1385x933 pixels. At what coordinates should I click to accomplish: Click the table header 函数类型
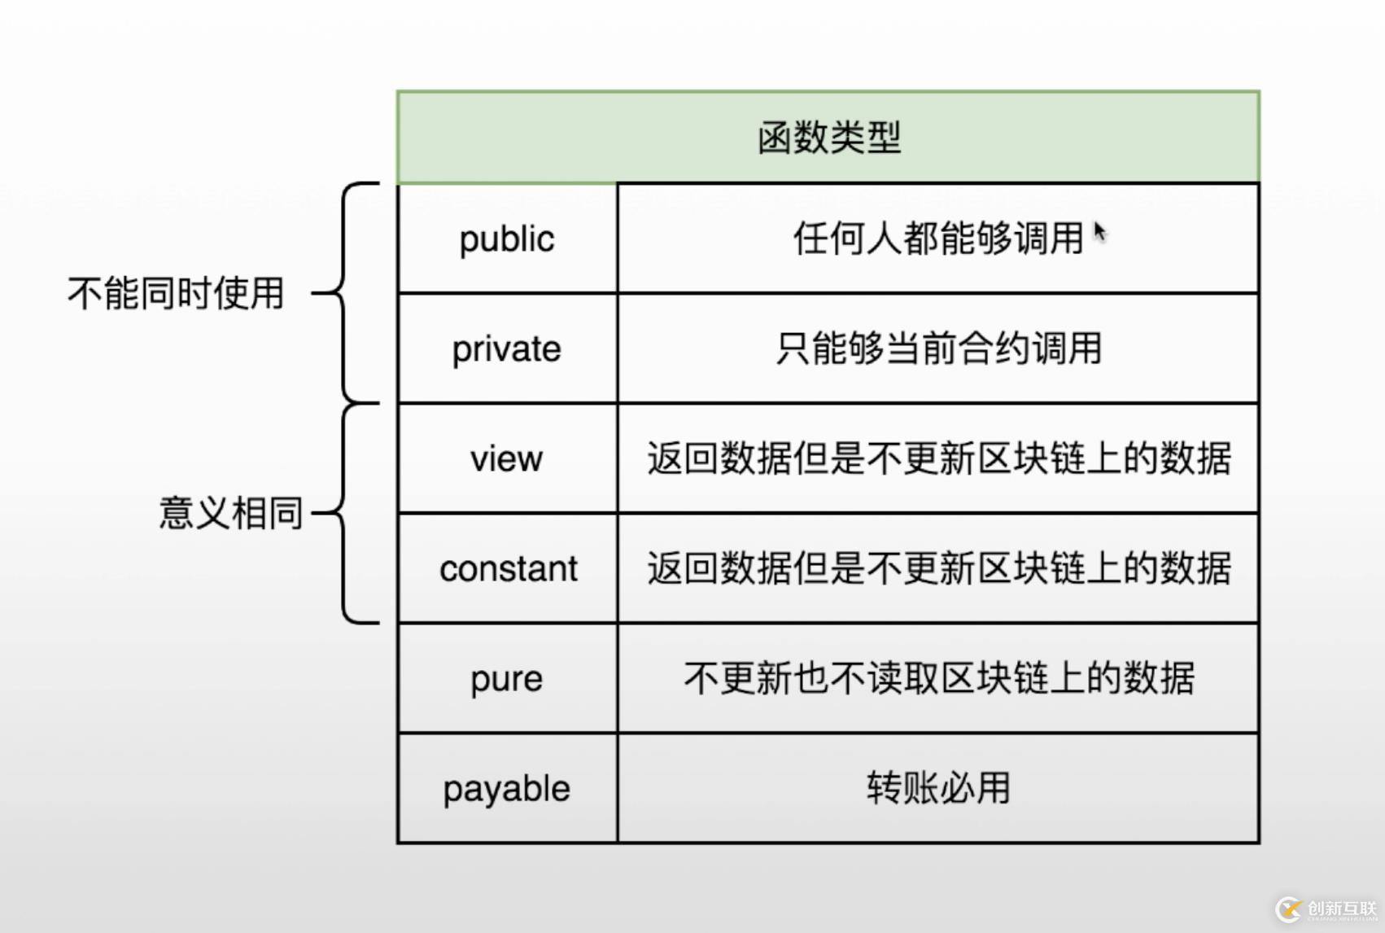828,137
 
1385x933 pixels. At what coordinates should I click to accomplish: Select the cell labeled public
507,239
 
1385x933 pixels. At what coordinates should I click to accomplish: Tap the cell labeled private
507,348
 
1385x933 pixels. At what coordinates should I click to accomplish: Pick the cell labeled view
507,458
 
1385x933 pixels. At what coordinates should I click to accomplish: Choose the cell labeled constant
508,568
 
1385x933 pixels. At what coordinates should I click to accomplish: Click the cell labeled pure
507,678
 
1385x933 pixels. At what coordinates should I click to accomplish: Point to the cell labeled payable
507,788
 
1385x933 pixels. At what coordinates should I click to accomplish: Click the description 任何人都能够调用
937,239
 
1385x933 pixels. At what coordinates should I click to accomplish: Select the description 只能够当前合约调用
937,348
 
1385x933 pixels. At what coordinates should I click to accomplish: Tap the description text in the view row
938,458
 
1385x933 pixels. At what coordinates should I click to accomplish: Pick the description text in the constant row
938,568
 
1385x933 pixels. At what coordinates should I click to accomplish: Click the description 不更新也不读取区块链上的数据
938,678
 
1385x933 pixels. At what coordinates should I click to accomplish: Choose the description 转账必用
937,788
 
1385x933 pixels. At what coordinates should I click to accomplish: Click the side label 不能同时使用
175,293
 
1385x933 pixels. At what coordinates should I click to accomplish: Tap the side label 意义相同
230,513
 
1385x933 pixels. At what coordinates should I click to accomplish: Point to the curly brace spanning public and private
345,293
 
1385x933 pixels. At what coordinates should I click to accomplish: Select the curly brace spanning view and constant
345,513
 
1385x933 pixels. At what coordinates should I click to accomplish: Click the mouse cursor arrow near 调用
1099,231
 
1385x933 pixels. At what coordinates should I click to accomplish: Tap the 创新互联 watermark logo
1327,909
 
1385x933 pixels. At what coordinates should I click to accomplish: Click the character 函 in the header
775,137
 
